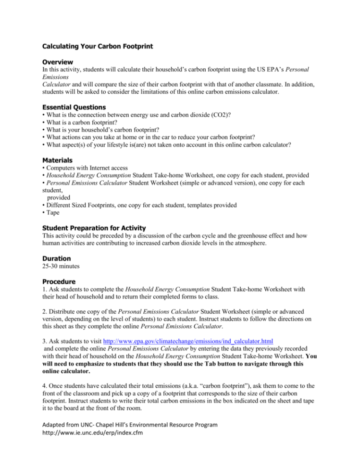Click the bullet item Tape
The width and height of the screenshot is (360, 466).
pos(51,212)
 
